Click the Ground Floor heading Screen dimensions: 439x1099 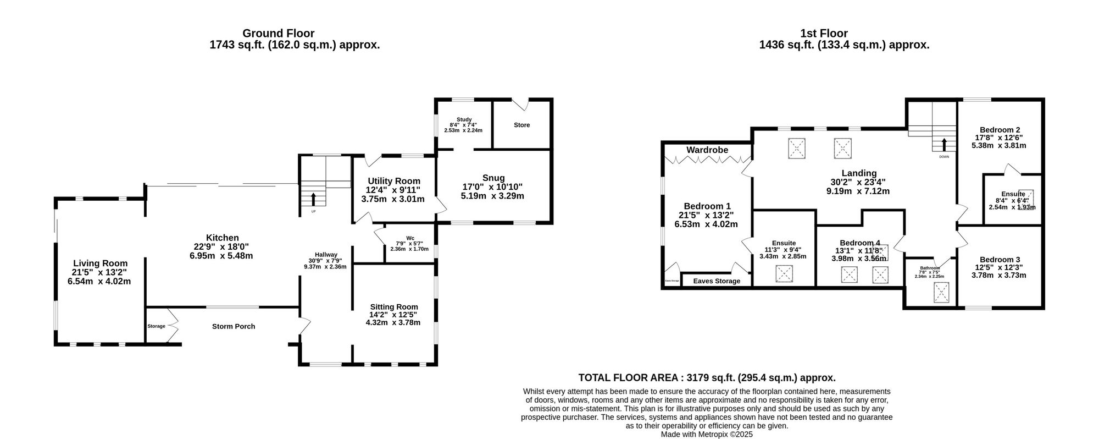pos(279,34)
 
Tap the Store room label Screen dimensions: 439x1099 pos(521,125)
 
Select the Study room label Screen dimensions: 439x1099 pos(464,119)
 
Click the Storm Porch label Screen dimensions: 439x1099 pos(234,326)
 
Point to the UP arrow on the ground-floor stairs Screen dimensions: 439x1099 pos(314,199)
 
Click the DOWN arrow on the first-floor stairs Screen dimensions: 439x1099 pos(944,145)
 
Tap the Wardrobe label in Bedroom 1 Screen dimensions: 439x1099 pos(707,150)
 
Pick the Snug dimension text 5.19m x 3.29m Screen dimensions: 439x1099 pos(492,195)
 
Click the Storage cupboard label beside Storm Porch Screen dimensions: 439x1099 pos(156,326)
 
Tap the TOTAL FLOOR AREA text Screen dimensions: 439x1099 pos(707,378)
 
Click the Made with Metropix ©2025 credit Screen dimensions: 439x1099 pos(707,434)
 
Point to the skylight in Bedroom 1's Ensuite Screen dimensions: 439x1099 pos(784,273)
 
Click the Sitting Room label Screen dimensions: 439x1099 pos(393,307)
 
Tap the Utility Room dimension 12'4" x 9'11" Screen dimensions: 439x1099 pos(393,190)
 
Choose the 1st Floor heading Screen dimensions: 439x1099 pos(844,34)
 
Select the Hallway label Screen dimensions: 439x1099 pos(326,255)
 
